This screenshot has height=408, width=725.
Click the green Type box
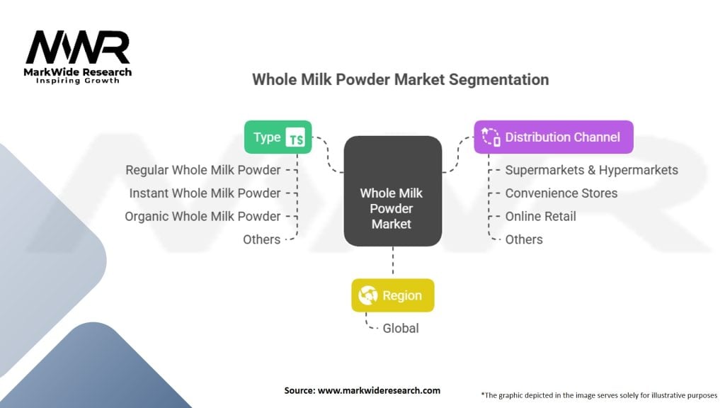pyautogui.click(x=278, y=137)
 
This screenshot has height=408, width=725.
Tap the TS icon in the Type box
pyautogui.click(x=295, y=137)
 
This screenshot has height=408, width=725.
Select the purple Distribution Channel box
pyautogui.click(x=554, y=137)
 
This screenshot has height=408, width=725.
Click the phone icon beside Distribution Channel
pyautogui.click(x=491, y=137)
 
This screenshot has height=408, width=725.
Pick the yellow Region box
pyautogui.click(x=392, y=295)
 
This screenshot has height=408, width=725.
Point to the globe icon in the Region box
pyautogui.click(x=368, y=295)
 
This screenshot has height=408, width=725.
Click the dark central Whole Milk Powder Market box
pyautogui.click(x=392, y=191)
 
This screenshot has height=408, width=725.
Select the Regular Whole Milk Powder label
pyautogui.click(x=203, y=170)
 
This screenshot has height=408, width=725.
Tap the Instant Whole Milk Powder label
pyautogui.click(x=205, y=193)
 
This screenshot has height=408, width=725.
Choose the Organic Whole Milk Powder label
pyautogui.click(x=202, y=217)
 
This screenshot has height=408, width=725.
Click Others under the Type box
pyautogui.click(x=262, y=239)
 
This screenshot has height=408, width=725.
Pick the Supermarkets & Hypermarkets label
pyautogui.click(x=591, y=170)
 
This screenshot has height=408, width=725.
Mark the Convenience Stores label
pyautogui.click(x=561, y=193)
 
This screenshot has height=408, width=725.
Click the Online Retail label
pyautogui.click(x=540, y=217)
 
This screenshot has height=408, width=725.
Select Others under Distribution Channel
pyautogui.click(x=524, y=239)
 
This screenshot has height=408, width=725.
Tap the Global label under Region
pyautogui.click(x=401, y=329)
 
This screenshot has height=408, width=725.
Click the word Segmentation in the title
pyautogui.click(x=498, y=79)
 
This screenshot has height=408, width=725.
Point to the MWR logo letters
pyautogui.click(x=78, y=47)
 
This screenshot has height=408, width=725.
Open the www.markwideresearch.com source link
pyautogui.click(x=379, y=390)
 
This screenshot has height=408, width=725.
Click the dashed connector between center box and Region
pyautogui.click(x=393, y=262)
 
